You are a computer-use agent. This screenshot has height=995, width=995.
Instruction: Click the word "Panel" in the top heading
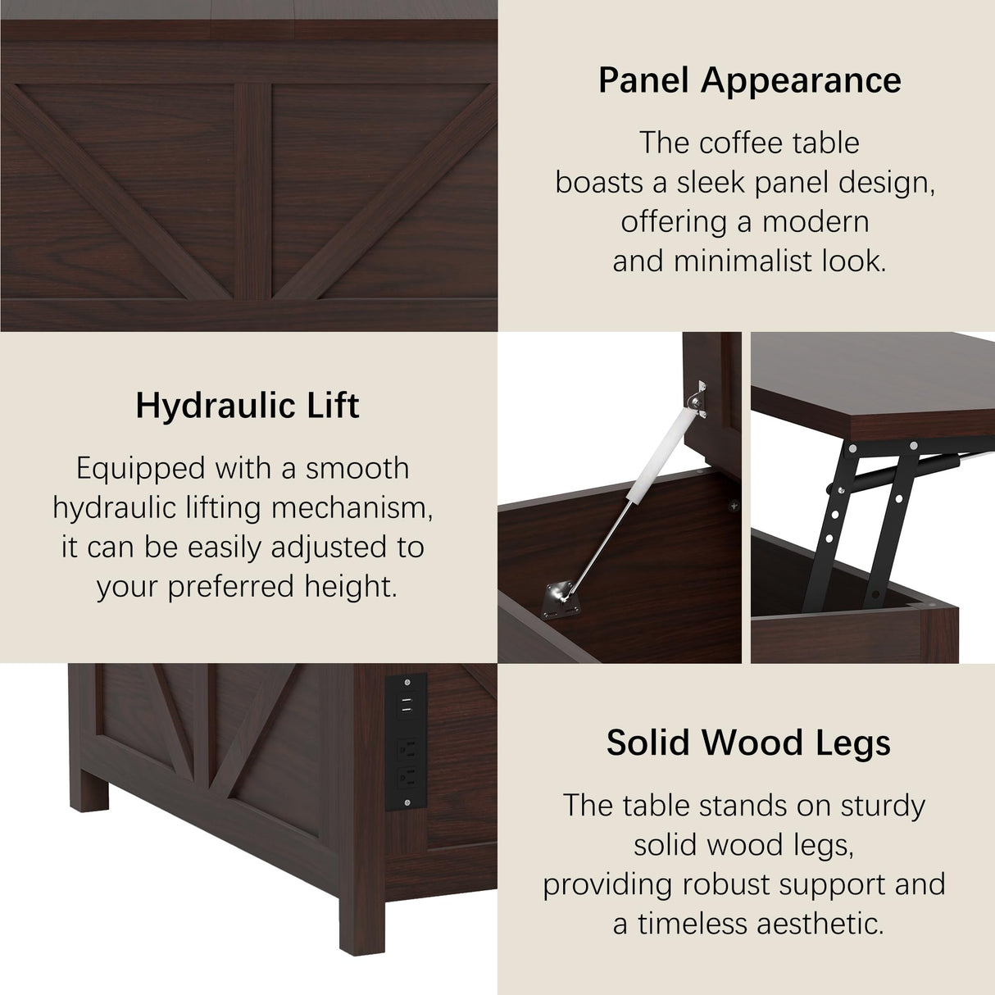tap(644, 80)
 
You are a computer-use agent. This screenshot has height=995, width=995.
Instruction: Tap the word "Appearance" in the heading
tap(801, 80)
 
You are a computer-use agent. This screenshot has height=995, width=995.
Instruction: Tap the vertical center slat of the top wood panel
tap(253, 190)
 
